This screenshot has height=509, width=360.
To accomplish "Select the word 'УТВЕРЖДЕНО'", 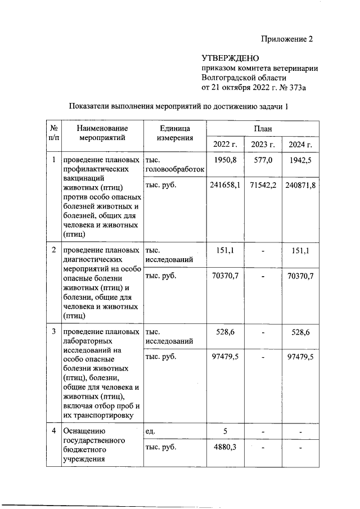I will tap(230, 58).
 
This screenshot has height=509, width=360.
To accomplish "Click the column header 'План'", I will tap(263, 128).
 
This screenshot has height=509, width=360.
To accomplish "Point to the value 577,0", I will tap(263, 160).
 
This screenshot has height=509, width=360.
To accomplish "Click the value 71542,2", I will tap(263, 184).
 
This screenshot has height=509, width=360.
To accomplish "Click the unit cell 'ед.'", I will tap(150, 431).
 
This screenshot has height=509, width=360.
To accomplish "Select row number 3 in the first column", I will tap(53, 332).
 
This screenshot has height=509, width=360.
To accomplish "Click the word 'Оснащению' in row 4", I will tap(84, 431).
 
